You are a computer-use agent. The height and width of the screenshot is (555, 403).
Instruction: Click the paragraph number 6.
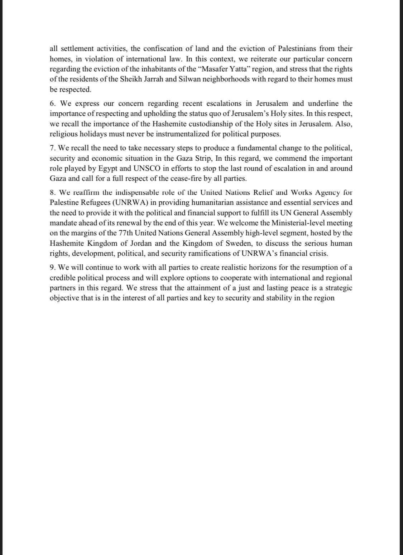pos(52,104)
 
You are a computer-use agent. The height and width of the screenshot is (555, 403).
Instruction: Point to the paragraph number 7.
pos(52,148)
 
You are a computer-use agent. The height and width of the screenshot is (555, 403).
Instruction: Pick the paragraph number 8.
pos(52,192)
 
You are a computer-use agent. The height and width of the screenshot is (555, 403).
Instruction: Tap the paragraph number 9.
pos(52,267)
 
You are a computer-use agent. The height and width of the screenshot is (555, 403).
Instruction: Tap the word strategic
pos(339,288)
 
